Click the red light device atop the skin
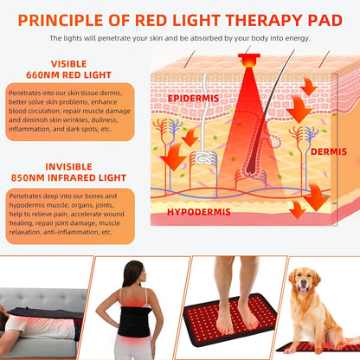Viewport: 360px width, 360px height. pos(249,61)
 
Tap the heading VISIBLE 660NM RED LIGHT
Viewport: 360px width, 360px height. pos(68,69)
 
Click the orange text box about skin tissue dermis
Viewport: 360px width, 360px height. pos(68,112)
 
